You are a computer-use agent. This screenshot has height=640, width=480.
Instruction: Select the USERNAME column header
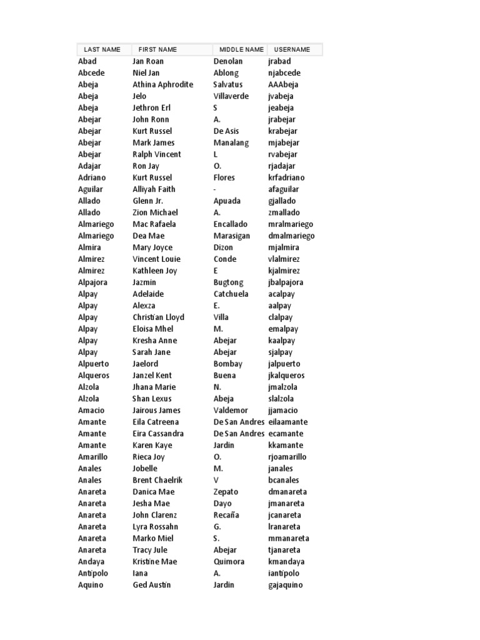pos(292,49)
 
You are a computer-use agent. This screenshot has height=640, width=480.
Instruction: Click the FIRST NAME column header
pos(157,49)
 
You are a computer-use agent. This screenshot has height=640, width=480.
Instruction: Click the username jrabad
pos(279,61)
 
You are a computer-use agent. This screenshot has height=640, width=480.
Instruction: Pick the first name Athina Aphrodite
pos(163,84)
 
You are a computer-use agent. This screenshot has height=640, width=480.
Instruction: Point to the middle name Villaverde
pos(231,96)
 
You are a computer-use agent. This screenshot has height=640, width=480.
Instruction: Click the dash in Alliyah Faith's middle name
pos(215,189)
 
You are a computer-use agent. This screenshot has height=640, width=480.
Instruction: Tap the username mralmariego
pos(291,224)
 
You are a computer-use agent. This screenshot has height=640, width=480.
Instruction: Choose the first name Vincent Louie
pos(157,259)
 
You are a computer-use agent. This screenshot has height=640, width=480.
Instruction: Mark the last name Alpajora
pos(93,282)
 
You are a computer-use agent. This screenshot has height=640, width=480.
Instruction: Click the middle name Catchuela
pos(231,294)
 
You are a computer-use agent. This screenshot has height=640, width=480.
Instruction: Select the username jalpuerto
pos(284,364)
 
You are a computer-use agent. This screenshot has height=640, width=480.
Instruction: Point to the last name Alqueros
pos(94,376)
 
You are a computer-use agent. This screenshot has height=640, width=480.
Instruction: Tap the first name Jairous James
pos(157,410)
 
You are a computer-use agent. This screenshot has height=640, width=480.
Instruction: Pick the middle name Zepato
pos(226,492)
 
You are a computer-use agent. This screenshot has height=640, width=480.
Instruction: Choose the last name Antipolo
pos(93,573)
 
